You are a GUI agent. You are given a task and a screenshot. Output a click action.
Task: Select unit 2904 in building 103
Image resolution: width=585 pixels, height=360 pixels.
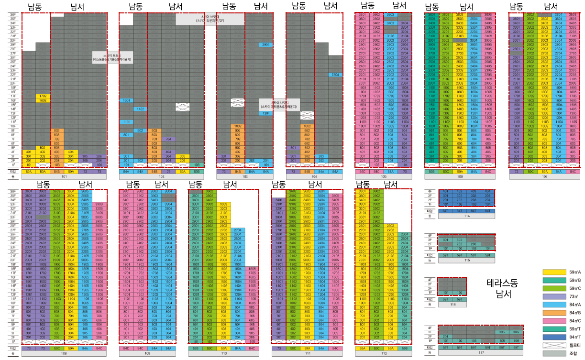266,44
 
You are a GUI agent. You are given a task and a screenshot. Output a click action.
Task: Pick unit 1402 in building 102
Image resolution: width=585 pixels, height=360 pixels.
140,109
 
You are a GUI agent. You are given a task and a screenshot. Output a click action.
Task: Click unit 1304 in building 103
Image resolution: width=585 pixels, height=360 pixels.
266,113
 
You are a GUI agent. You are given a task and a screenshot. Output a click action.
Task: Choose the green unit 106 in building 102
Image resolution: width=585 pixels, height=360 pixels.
197,165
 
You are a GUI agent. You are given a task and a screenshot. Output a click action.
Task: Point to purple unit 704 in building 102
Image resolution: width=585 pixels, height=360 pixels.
168,139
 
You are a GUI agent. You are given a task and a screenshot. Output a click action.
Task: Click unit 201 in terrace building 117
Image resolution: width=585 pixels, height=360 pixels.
445,337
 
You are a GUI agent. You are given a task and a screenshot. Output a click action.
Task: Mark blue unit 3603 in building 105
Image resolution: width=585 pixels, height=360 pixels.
391,14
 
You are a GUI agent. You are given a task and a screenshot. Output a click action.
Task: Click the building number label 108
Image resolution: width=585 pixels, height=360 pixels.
64,354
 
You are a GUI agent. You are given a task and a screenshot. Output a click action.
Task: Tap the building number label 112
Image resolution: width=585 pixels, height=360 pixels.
383,354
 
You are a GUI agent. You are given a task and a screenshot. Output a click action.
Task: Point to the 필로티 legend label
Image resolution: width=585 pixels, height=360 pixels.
574,345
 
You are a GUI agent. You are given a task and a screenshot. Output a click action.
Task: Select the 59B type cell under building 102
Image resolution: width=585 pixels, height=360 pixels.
197,171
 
